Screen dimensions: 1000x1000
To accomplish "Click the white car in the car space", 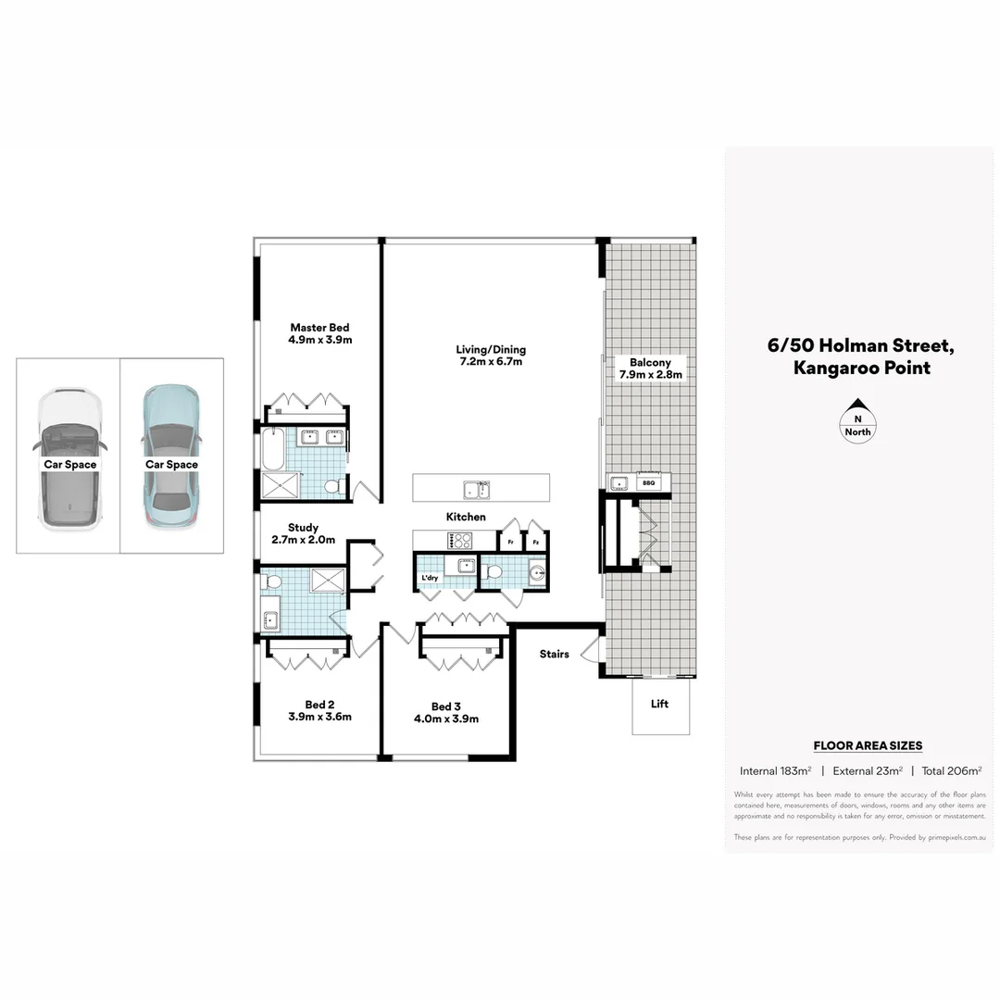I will coord(68,460).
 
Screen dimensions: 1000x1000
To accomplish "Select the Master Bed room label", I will coord(319,328).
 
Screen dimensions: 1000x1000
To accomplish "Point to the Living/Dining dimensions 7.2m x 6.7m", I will coord(490,362).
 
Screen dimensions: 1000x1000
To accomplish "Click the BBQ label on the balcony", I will coord(648,482).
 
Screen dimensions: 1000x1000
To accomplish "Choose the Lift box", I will coord(659,705).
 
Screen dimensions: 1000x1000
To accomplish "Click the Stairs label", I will coord(554,655).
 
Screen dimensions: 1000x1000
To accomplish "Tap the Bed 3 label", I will coord(445,706).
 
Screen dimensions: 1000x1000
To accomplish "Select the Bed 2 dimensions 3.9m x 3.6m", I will coord(319,717).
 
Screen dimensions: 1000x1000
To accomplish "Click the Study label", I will coord(303,528).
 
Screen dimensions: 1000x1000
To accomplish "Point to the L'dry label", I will coord(430,579).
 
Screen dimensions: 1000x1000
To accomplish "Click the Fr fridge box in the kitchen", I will coord(510,541).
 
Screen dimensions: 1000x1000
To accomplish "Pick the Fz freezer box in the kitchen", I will coord(535,541).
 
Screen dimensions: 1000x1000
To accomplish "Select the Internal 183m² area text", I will coord(775,770).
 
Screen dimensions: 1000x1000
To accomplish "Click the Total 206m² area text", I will coord(951,770).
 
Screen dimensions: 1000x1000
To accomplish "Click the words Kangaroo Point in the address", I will coord(861,368).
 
